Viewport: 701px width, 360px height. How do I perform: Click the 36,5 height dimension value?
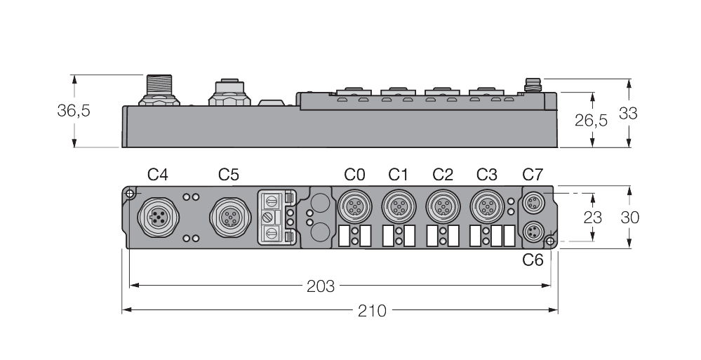coord(73,111)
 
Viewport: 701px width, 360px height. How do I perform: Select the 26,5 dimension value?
coord(591,120)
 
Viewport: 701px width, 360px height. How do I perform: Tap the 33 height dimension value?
coord(628,112)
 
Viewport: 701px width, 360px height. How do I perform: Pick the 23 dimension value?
coord(593,217)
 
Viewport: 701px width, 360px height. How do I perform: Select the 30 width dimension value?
coord(629,218)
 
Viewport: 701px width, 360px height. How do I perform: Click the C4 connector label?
coord(158,173)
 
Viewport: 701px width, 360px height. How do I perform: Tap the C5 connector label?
coord(229,173)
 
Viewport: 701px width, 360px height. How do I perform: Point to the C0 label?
coord(354,173)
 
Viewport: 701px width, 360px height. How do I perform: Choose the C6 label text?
coord(533,260)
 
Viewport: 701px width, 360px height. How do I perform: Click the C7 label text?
coord(533,173)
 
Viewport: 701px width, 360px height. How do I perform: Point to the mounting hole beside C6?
coord(550,242)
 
